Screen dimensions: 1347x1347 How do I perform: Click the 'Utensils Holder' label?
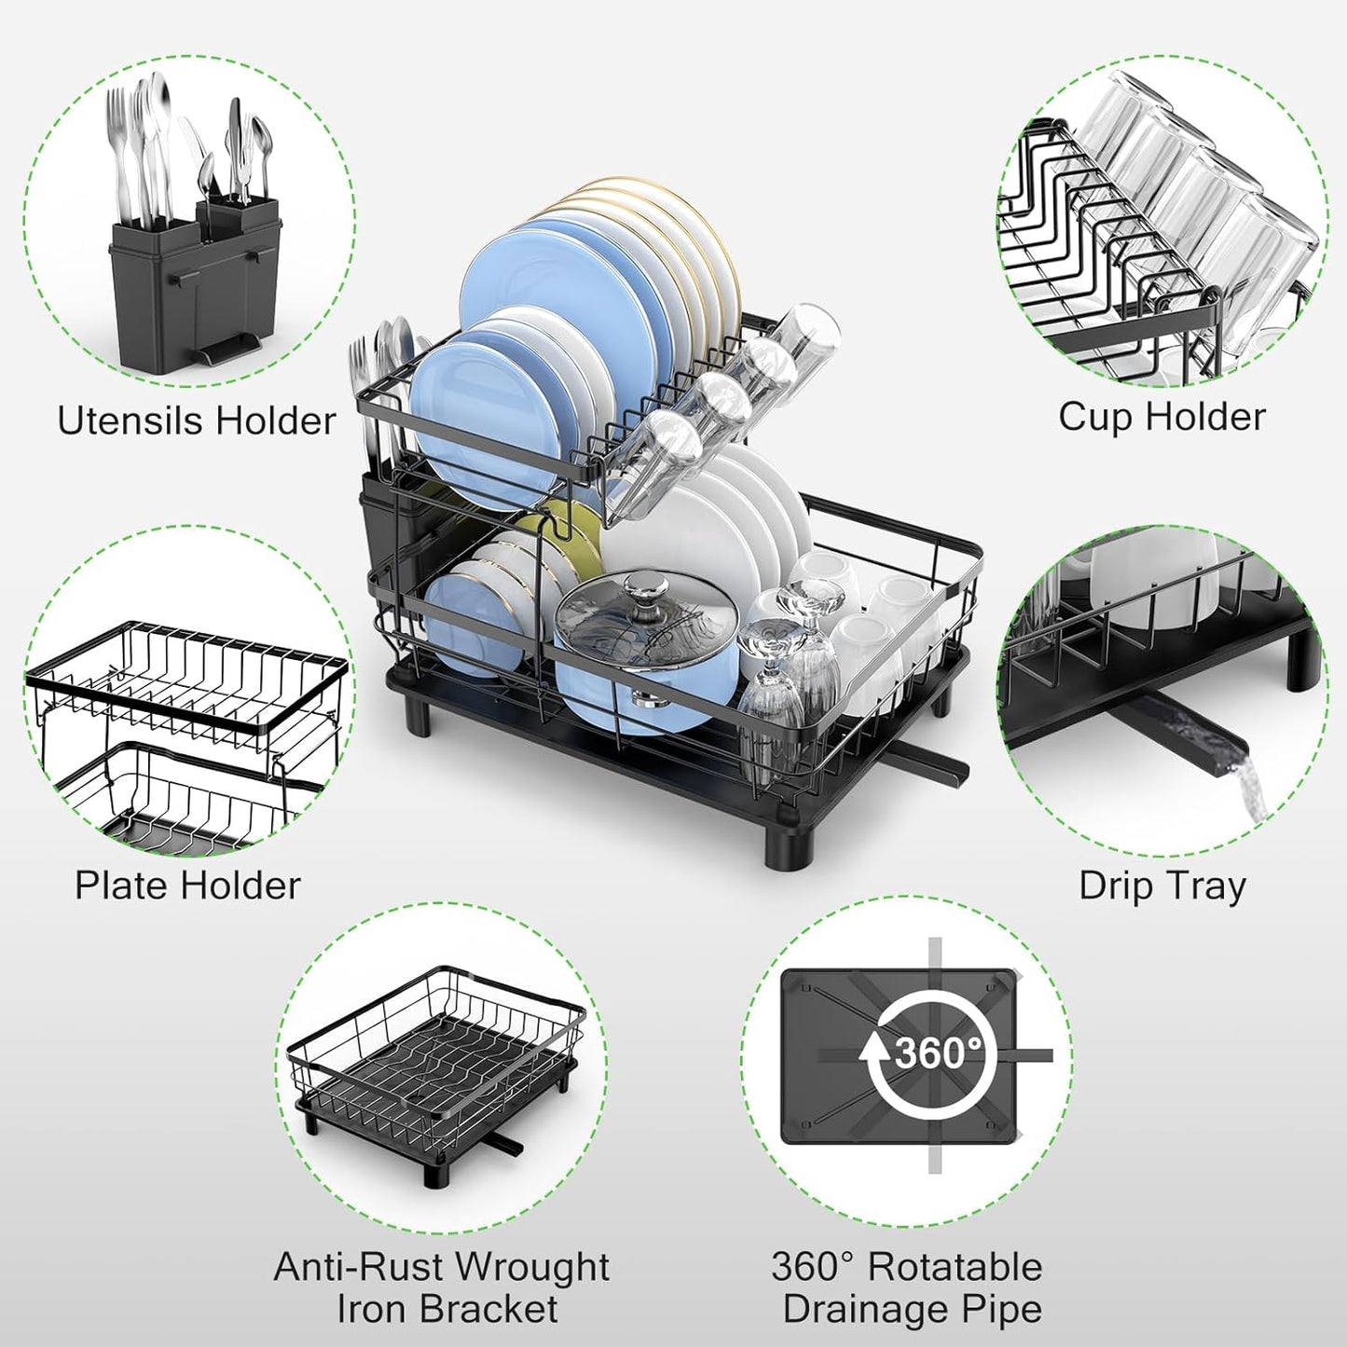[196, 420]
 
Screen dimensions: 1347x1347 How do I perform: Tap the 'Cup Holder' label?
[1161, 417]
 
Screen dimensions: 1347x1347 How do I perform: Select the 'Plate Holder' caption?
[187, 885]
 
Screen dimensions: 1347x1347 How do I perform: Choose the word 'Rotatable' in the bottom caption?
[955, 1268]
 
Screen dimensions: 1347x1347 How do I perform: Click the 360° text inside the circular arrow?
[937, 1052]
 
